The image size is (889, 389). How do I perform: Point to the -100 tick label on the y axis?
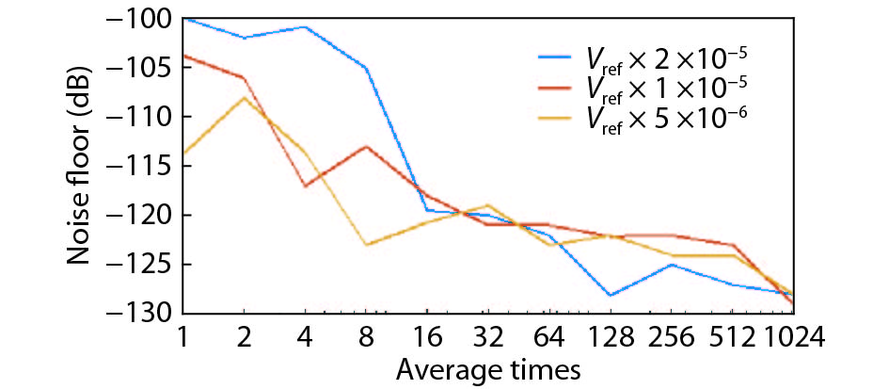[x=143, y=19]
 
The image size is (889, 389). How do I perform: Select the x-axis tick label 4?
[x=305, y=334]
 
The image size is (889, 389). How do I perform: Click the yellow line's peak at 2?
[x=244, y=97]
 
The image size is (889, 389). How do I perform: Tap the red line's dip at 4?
[x=305, y=186]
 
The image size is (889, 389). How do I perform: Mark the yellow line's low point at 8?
[x=366, y=245]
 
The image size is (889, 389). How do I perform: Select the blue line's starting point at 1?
[x=183, y=19]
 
